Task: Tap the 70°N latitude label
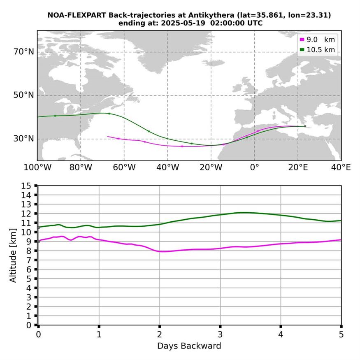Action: point(24,52)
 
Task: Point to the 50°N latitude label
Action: point(24,95)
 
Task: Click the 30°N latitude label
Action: point(24,139)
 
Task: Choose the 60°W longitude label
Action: point(124,167)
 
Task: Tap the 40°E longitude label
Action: point(341,167)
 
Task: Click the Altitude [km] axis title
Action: point(13,255)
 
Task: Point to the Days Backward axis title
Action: point(189,346)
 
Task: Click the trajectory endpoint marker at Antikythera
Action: point(305,126)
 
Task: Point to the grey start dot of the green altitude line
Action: point(38,227)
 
